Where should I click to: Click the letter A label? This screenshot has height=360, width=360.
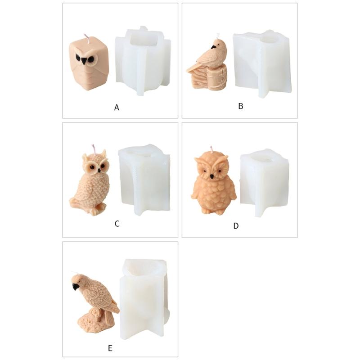pyautogui.click(x=117, y=108)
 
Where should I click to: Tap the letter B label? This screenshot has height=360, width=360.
pyautogui.click(x=240, y=106)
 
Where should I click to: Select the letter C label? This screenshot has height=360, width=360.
pyautogui.click(x=117, y=223)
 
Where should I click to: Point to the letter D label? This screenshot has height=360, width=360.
pyautogui.click(x=236, y=225)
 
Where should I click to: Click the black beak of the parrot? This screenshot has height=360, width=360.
pyautogui.click(x=75, y=286)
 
